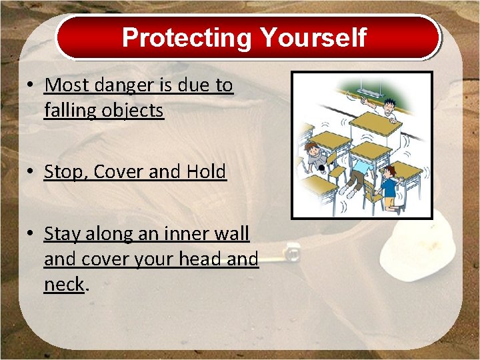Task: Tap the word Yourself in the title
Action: point(313,37)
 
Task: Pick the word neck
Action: point(64,284)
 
